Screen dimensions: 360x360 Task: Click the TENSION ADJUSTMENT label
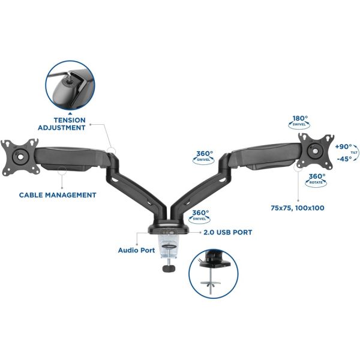pos(62,124)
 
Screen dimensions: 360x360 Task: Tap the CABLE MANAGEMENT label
pos(58,195)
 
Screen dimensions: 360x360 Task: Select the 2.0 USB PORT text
pos(228,232)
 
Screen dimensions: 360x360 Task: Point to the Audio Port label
pos(136,250)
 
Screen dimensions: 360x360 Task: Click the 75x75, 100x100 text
pos(298,208)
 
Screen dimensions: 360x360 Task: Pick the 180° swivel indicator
pos(299,122)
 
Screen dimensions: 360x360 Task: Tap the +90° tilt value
pos(343,147)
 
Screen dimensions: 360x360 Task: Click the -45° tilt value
pos(344,158)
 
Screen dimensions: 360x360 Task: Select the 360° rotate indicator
pos(316,180)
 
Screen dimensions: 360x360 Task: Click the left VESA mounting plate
pos(20,157)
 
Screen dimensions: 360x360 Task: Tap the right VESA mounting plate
pos(316,151)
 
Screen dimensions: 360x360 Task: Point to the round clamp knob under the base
pos(169,268)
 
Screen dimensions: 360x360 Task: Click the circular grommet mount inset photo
pos(213,274)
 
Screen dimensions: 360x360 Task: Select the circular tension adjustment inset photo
pos(70,85)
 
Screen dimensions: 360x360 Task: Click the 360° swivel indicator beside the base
pos(199,216)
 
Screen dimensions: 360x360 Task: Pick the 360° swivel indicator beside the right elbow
pos(203,157)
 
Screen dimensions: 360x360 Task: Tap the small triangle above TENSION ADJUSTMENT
pos(70,113)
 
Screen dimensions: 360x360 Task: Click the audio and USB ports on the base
pos(169,232)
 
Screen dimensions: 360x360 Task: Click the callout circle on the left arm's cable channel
pos(62,171)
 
